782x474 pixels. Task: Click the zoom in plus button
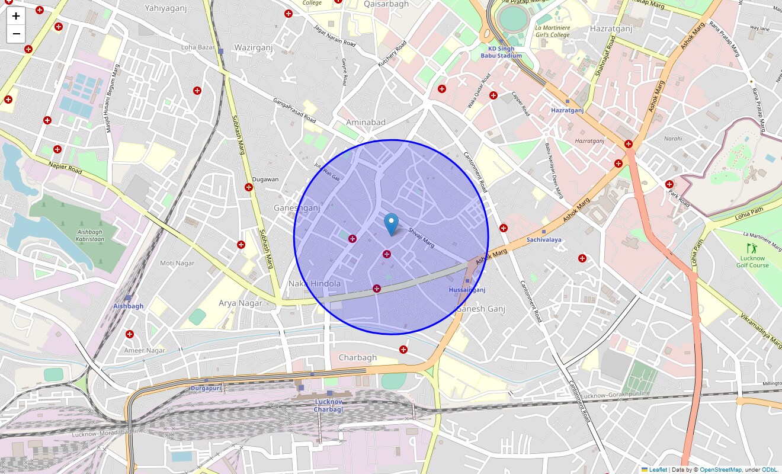(x=16, y=17)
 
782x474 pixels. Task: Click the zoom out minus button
(x=16, y=34)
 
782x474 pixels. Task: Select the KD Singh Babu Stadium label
(x=505, y=52)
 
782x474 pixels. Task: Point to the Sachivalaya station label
(x=544, y=240)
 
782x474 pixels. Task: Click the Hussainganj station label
(x=467, y=290)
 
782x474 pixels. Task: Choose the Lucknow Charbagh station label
(x=328, y=405)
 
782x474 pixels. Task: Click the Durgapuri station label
(x=206, y=388)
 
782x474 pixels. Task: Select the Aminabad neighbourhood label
(x=366, y=122)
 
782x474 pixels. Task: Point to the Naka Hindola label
(x=315, y=283)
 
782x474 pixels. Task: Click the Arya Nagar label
(x=241, y=303)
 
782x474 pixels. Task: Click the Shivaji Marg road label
(x=422, y=239)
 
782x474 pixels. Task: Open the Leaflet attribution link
(x=658, y=470)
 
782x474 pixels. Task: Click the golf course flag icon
(x=752, y=248)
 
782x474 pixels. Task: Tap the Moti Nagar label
(x=177, y=262)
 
